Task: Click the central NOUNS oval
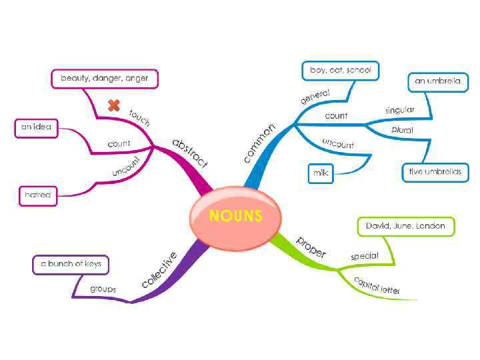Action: click(235, 215)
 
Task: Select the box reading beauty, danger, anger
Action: click(105, 79)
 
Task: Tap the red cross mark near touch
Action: click(115, 105)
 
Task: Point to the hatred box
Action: click(37, 195)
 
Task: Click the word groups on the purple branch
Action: click(103, 289)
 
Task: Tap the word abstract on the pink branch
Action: click(190, 153)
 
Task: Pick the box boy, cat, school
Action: click(341, 69)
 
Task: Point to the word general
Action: click(315, 97)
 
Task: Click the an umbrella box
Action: click(437, 81)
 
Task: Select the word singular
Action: click(399, 109)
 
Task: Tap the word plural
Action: click(402, 129)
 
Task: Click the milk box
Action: click(321, 173)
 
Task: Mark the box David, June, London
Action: click(405, 227)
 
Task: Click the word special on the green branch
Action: click(365, 255)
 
